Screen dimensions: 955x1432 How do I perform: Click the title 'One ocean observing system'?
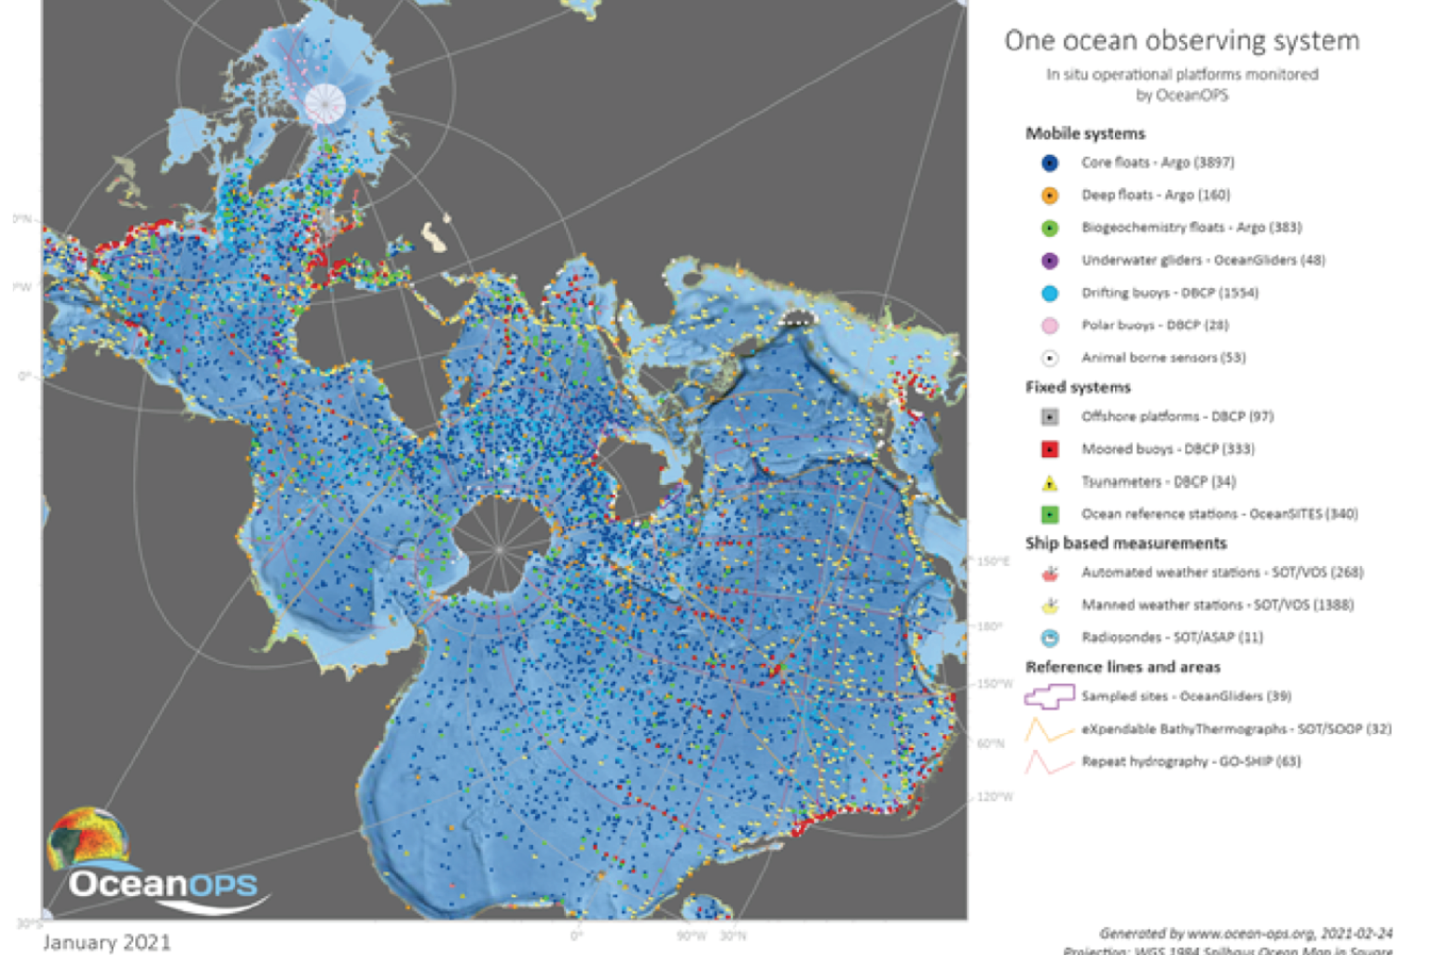pos(1181,41)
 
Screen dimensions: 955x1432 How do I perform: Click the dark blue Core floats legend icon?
pos(1050,163)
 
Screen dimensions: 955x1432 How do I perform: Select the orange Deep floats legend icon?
pos(1050,196)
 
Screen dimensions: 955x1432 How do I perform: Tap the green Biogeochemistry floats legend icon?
pos(1050,228)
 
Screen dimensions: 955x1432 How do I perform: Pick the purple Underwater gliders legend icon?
pos(1050,261)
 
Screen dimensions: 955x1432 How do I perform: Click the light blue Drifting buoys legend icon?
pos(1050,294)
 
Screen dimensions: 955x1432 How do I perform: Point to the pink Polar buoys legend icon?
pos(1050,326)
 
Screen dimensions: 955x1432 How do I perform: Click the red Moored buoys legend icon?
pos(1050,450)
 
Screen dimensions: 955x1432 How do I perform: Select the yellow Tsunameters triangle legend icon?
pos(1050,482)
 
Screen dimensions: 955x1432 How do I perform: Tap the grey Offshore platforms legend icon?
pos(1050,417)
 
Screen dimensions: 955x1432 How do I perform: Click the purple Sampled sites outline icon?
pos(1049,697)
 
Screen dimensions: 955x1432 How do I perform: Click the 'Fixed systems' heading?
pos(1078,387)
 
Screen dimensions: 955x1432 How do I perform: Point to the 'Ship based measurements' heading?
pos(1125,543)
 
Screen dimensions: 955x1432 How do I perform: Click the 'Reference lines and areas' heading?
pos(1122,667)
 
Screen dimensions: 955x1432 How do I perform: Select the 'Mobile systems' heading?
pos(1085,133)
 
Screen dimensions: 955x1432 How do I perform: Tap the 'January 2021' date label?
pos(106,942)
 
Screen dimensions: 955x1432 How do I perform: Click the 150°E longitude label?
pos(993,561)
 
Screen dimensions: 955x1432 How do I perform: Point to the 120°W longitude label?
pos(995,797)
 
